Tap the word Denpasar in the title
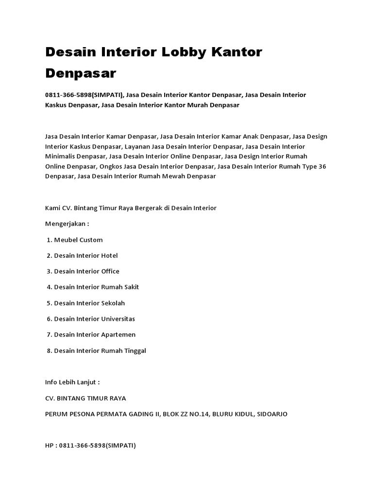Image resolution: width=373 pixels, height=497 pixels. [x=81, y=73]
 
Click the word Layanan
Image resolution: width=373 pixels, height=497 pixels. [x=137, y=147]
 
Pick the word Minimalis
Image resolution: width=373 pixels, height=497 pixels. [x=61, y=156]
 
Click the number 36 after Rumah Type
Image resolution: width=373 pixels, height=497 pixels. [x=322, y=166]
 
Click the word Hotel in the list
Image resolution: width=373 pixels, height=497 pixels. [x=109, y=255]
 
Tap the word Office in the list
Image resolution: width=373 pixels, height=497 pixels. [x=110, y=271]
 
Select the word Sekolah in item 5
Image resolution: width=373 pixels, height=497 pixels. [x=113, y=303]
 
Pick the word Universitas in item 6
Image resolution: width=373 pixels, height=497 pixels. [x=118, y=319]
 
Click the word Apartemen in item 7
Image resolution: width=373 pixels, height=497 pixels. [x=118, y=334]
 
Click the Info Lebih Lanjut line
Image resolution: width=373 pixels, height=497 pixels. [x=72, y=382]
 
